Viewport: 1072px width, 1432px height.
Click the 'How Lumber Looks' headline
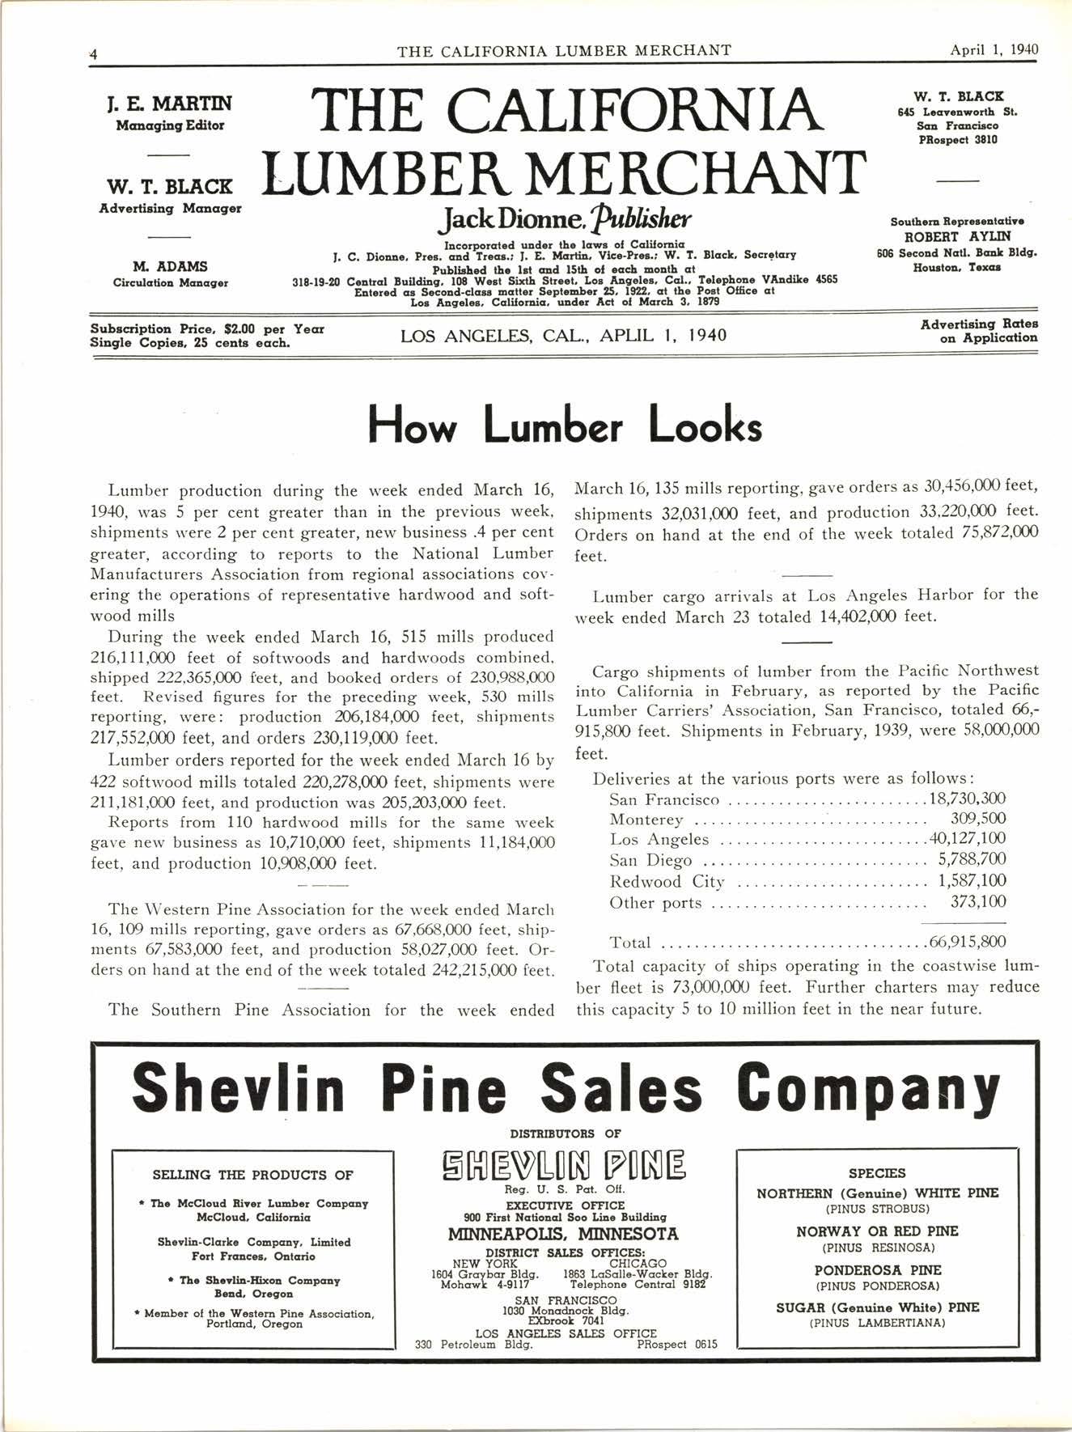click(565, 426)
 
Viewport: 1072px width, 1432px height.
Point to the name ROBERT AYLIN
click(957, 237)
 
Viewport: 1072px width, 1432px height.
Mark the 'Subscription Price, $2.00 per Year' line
click(208, 329)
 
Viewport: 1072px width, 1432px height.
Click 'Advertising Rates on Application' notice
click(979, 331)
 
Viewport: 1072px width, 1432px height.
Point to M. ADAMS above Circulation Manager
click(170, 266)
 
